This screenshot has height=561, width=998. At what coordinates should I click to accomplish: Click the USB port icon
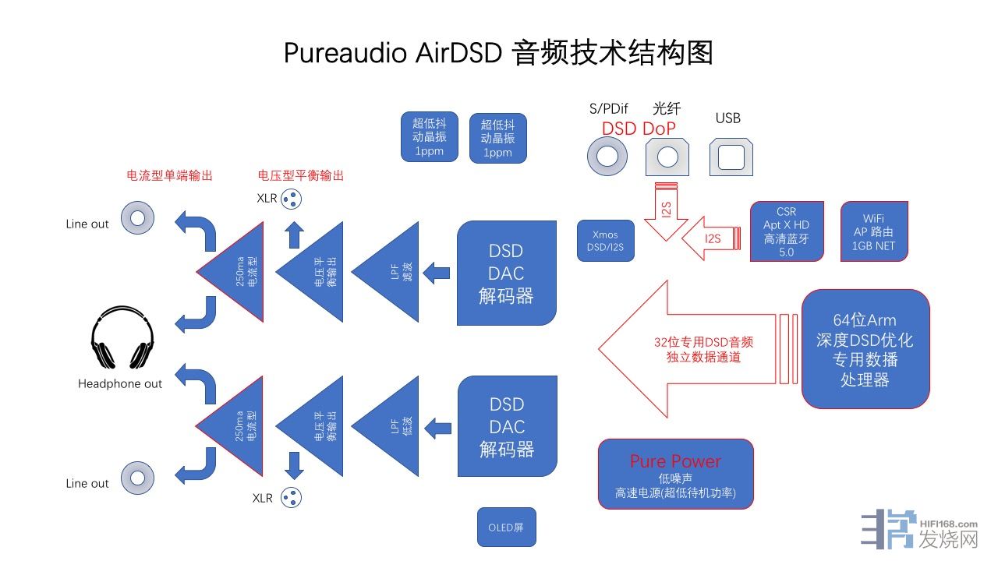point(731,157)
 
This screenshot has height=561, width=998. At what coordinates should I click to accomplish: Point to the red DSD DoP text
point(639,129)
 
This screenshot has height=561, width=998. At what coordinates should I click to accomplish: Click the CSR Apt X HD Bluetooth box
point(786,231)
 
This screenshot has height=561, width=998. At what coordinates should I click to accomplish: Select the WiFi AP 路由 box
point(873,231)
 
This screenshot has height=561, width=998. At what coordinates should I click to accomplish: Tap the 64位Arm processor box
point(865,349)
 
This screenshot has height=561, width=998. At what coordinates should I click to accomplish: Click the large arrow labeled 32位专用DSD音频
point(686,349)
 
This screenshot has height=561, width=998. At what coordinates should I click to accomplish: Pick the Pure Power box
point(675,474)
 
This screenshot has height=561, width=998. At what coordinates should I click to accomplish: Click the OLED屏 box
point(507,527)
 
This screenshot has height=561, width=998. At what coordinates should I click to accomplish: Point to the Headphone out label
point(120,384)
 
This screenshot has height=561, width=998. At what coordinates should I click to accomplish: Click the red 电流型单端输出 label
point(169,176)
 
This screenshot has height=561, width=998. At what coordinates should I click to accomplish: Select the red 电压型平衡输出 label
point(300,176)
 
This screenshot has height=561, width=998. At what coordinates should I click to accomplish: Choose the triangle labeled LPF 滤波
point(390,273)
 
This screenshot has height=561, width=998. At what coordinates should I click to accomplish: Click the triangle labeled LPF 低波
point(390,426)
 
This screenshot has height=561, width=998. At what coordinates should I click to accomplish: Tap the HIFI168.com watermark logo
point(920,532)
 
